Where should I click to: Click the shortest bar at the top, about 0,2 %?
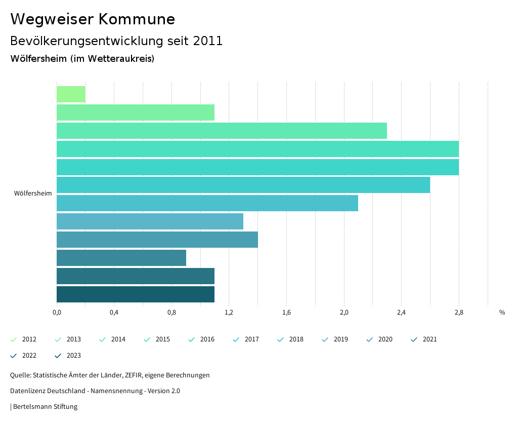71,94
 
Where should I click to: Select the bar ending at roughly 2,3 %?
222,131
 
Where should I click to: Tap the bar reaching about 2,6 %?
243,185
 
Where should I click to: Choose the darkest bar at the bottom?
135,294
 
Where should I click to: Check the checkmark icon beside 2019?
325,339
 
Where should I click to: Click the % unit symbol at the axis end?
502,313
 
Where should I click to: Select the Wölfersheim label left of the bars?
33,194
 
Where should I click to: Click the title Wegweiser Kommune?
93,19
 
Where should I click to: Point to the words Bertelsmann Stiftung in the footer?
45,406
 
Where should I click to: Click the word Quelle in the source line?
20,375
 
